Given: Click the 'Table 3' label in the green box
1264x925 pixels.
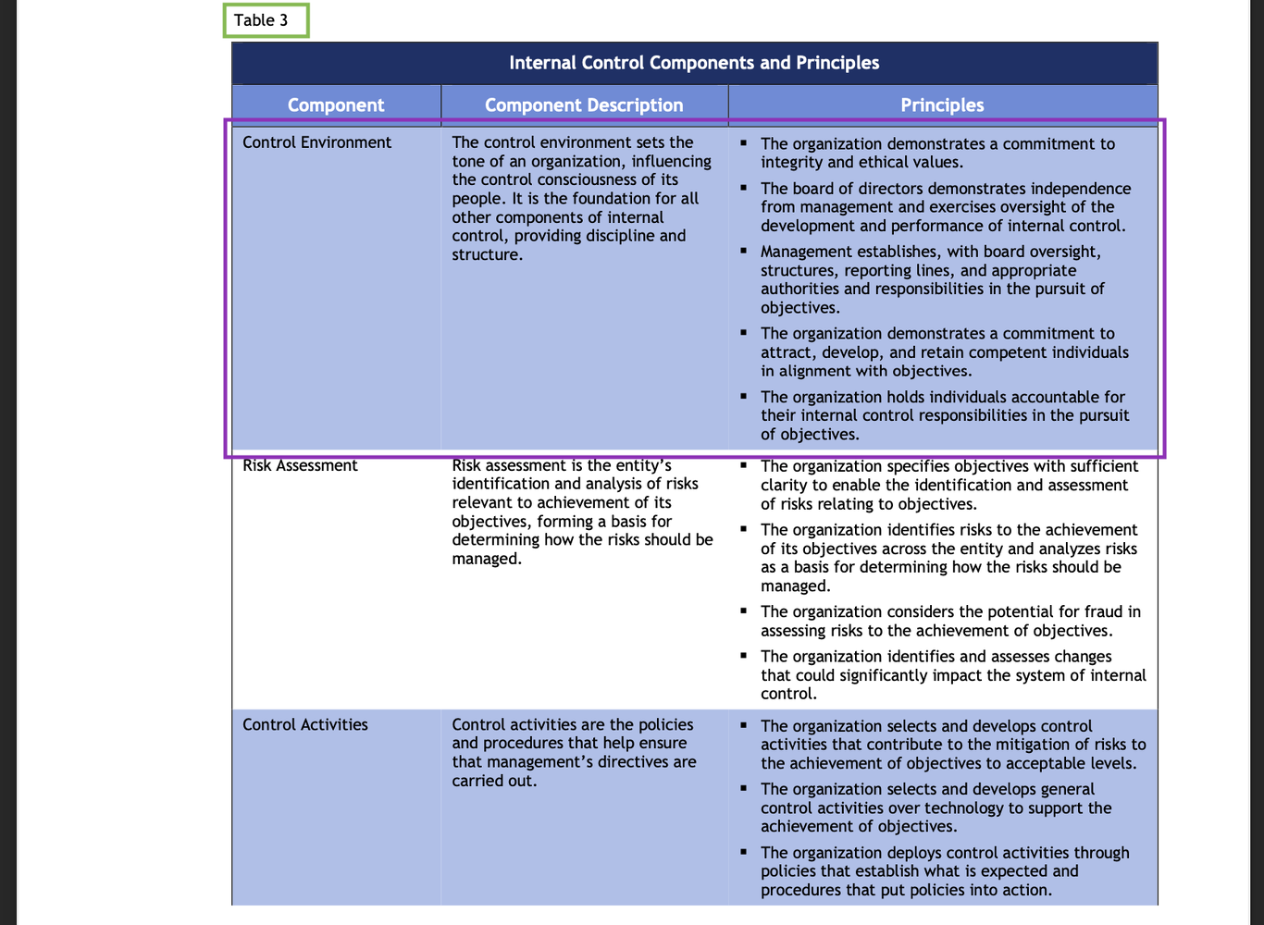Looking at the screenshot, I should pos(260,20).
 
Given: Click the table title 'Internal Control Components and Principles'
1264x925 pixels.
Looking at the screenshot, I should pos(694,63).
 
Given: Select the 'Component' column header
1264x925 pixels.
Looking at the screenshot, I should pos(336,105).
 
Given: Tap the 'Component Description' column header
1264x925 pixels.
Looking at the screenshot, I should pos(584,105).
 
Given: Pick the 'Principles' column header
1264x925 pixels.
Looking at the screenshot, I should pos(942,105).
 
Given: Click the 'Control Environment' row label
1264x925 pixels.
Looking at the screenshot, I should pos(316,142).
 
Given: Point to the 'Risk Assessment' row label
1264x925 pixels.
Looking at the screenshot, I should pos(300,465).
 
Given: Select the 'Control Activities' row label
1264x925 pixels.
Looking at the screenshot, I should pos(305,724).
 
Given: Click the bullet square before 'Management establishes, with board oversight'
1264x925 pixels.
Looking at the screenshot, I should pos(743,250).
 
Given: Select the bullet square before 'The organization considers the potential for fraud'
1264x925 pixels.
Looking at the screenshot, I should pos(743,610).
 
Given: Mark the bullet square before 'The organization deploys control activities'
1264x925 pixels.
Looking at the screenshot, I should pos(743,851).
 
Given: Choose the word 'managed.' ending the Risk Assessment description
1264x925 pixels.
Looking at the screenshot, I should pos(487,559).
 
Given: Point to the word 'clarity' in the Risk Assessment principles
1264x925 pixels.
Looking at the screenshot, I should pos(786,485).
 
